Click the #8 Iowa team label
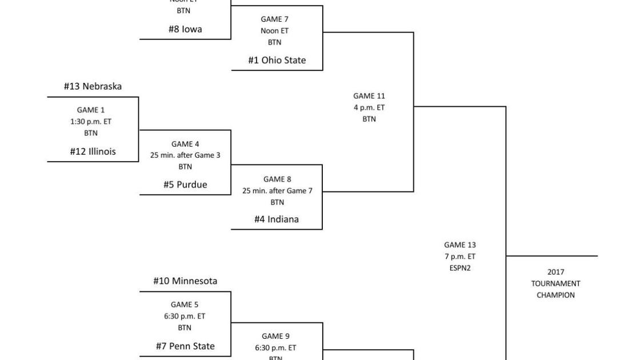[185, 29]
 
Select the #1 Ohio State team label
[277, 60]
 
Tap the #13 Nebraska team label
[93, 86]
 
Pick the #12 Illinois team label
[93, 151]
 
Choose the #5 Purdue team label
[185, 185]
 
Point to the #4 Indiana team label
[277, 219]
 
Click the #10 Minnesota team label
[185, 281]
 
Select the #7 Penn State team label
[185, 346]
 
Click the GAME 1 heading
[91, 110]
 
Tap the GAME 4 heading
[185, 144]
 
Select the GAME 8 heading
[277, 179]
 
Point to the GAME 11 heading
[369, 96]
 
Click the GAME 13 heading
[460, 245]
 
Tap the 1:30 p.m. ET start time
[91, 121]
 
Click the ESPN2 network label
[460, 268]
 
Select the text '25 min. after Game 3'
[185, 155]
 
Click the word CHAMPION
[555, 295]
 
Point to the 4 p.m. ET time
[369, 107]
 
